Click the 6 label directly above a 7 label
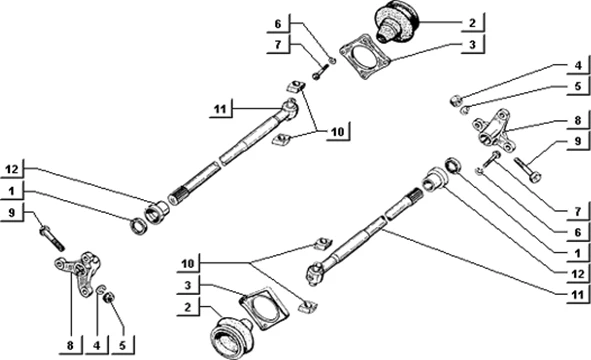[278, 24]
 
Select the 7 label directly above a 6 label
[578, 211]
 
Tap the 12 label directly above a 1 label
[12, 170]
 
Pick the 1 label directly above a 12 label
[578, 253]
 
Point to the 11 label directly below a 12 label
[577, 294]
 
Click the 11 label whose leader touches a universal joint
[220, 109]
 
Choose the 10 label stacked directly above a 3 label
[188, 263]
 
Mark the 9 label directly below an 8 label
[578, 141]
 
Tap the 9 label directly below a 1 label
[12, 213]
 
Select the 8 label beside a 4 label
[70, 345]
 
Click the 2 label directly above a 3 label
[472, 23]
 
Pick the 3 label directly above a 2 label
[188, 285]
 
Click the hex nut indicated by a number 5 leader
[109, 297]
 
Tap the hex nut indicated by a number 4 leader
[456, 100]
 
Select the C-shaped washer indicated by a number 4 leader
[100, 290]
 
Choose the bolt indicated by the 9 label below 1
[52, 237]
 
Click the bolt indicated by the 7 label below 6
[490, 160]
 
